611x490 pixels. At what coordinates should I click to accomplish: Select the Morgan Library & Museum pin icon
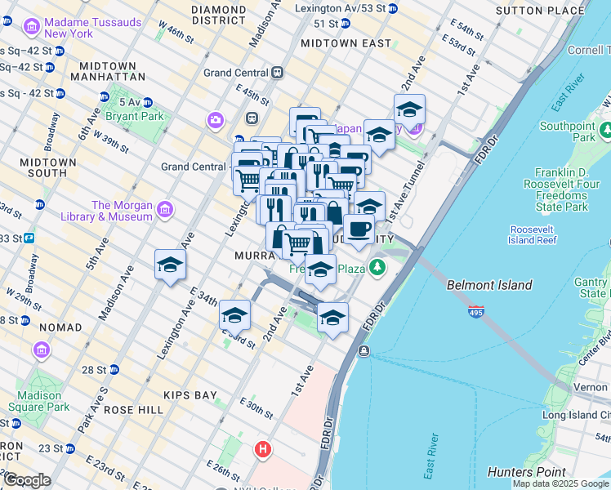pos(164,211)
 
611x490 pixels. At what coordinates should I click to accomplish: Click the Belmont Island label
pos(489,285)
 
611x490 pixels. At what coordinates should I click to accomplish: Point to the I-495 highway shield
pos(477,312)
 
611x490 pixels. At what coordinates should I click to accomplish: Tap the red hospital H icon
pos(262,449)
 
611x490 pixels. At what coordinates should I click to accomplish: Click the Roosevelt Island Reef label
pos(533,234)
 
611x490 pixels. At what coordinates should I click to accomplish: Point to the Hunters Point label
pos(526,471)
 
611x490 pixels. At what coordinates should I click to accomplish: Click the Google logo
pos(27,480)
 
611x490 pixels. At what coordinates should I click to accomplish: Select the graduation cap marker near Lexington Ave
pos(170,264)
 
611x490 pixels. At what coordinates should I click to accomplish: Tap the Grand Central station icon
pos(278,73)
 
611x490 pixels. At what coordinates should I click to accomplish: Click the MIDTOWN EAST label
pos(335,42)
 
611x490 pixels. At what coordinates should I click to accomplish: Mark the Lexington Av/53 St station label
pos(344,8)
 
